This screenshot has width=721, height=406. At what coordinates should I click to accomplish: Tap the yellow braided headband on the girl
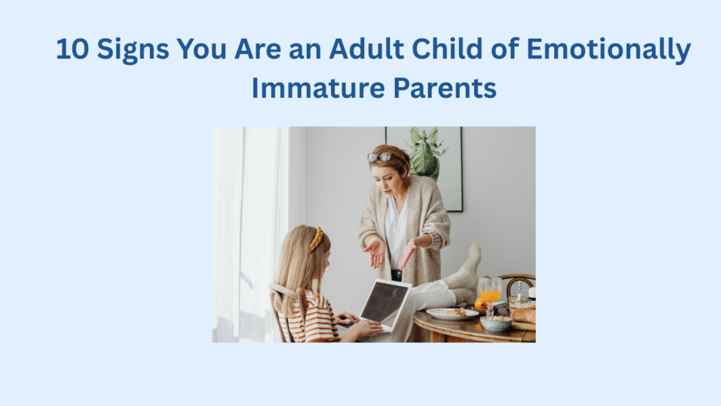pyautogui.click(x=317, y=240)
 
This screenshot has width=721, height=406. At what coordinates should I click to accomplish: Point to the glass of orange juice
pyautogui.click(x=489, y=290)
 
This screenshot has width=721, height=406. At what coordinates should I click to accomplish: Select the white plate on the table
pyautogui.click(x=451, y=314)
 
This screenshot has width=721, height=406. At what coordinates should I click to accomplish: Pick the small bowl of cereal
pyautogui.click(x=496, y=323)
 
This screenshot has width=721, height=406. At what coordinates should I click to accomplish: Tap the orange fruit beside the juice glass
pyautogui.click(x=479, y=303)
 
